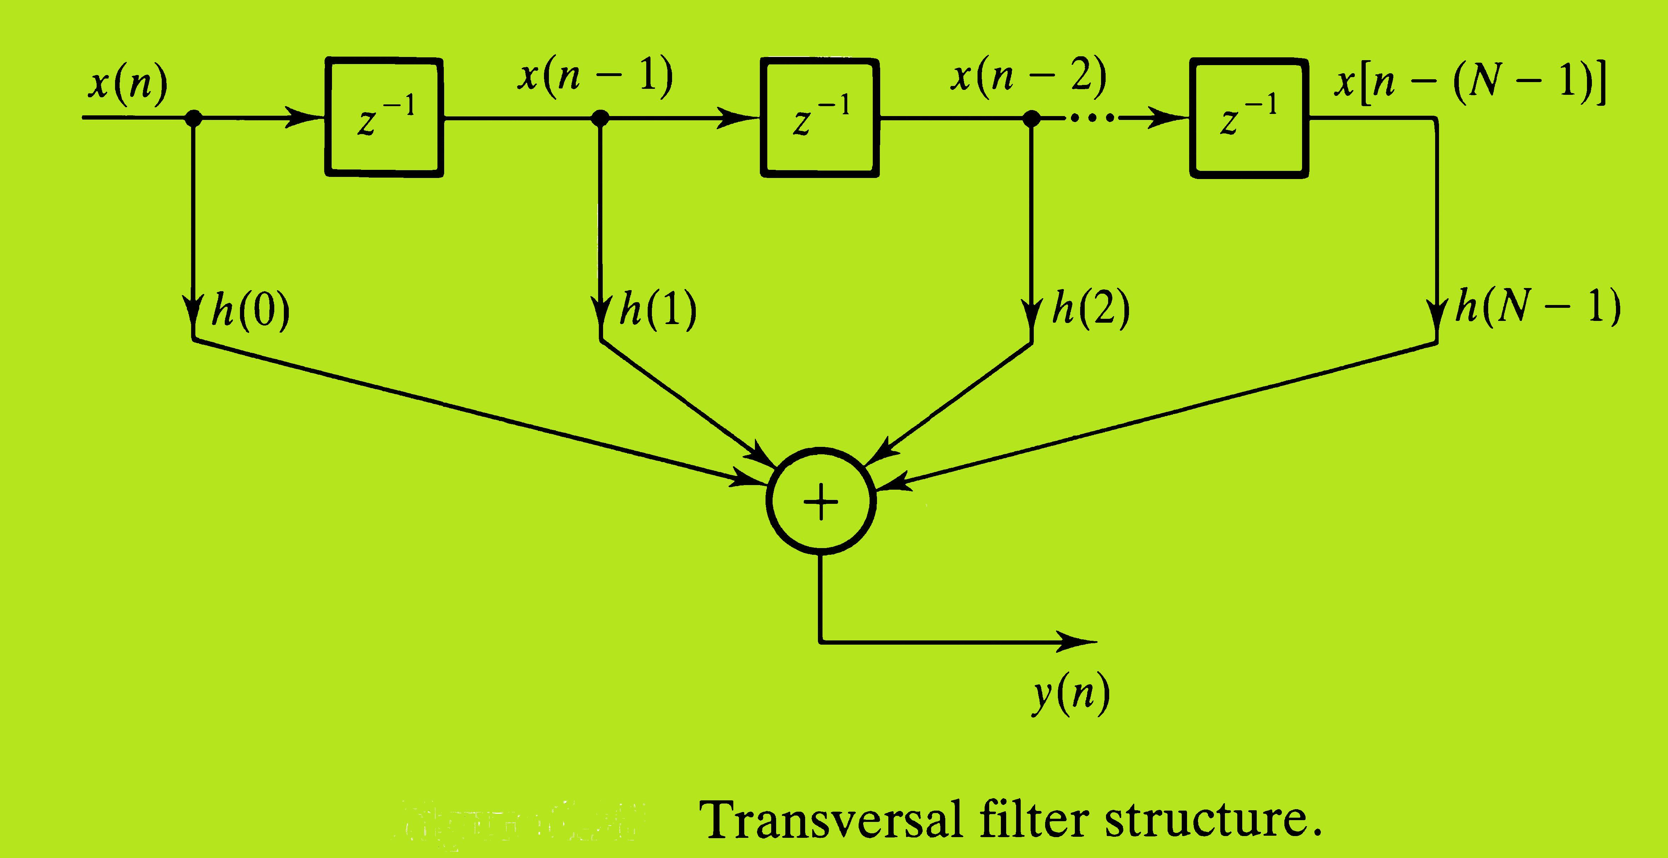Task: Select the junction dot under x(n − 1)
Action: click(601, 118)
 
